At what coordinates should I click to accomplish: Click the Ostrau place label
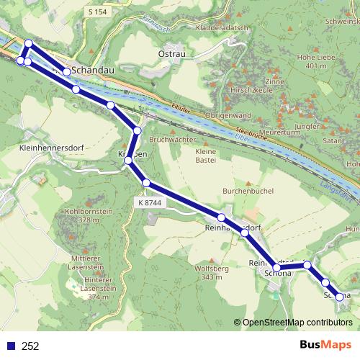tap(172, 55)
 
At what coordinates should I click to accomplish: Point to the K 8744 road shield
tap(150, 204)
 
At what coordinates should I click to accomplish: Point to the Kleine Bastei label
tap(207, 157)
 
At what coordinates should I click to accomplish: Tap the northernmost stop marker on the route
tap(28, 44)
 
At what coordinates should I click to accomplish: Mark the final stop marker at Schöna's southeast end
tap(340, 297)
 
